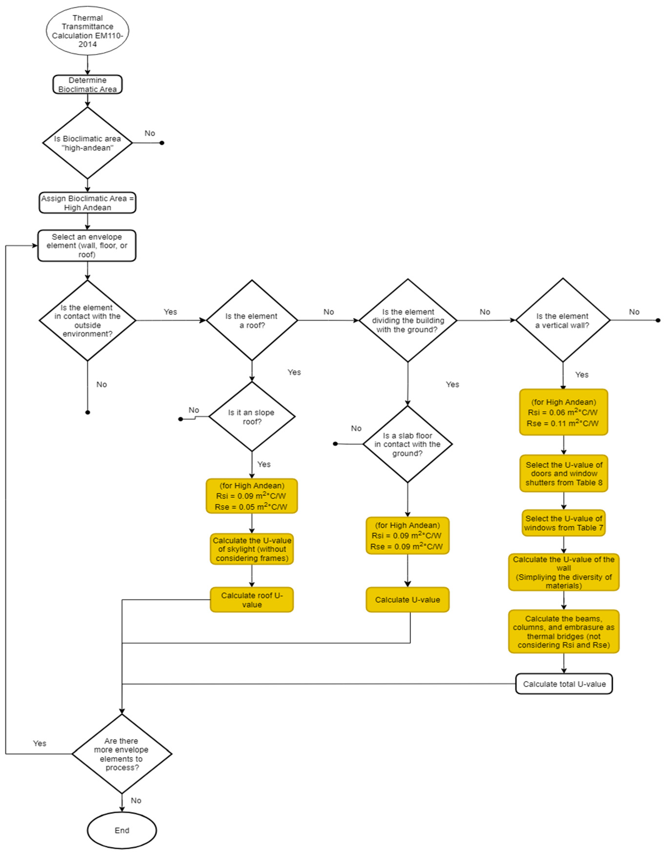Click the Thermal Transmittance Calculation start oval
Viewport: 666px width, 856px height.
[87, 31]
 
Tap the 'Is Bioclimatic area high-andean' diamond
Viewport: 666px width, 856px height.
[87, 143]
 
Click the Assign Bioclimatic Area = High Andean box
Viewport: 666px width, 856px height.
[87, 203]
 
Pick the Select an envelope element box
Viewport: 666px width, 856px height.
[87, 246]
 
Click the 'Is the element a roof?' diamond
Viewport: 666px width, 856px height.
[252, 321]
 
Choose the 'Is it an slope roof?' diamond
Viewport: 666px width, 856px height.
[252, 417]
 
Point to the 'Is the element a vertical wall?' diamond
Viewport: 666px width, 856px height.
[563, 321]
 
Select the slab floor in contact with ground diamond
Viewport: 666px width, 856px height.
[408, 444]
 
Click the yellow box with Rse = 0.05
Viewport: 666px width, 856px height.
[252, 496]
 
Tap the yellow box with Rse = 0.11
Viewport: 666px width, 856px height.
[564, 412]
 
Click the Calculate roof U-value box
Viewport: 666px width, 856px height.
[252, 600]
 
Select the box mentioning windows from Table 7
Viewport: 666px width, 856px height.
[564, 523]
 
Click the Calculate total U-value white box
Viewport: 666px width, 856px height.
[564, 684]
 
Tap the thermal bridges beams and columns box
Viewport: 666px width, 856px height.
[564, 631]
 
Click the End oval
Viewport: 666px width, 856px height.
[122, 830]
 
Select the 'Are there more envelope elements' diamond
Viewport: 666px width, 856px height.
[122, 754]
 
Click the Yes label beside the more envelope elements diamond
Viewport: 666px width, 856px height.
[40, 743]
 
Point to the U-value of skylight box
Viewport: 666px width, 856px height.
[252, 549]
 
